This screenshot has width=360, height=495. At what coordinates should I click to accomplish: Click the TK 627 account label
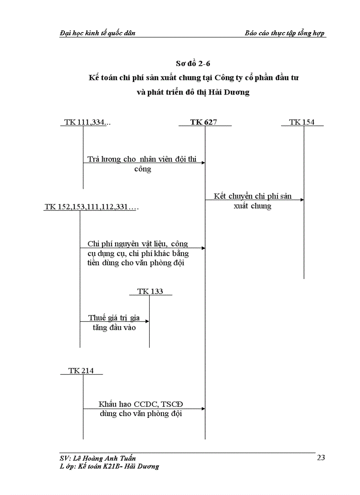coord(203,122)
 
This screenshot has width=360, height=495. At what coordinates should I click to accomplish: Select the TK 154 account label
coord(302,122)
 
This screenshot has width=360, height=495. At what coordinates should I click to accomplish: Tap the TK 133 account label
coord(150,291)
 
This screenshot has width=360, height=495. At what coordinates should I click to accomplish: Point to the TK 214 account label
coord(81,371)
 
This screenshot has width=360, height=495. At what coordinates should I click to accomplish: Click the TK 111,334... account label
coord(87,122)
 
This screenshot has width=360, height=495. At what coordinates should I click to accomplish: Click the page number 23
coord(321,458)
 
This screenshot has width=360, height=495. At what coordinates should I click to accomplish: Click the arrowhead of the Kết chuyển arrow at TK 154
coord(302,200)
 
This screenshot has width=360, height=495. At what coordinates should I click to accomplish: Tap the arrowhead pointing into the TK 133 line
coord(147,321)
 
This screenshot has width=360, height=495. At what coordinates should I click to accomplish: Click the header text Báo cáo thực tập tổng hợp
coord(285,33)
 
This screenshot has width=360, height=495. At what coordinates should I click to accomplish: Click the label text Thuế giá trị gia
coord(114,318)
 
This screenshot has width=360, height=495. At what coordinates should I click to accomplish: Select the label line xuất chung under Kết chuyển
coord(252,206)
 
